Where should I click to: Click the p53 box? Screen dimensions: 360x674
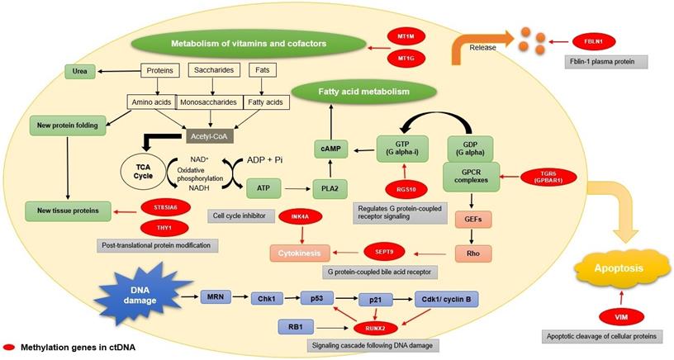[x=318, y=298]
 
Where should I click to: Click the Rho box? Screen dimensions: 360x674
[x=473, y=252]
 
